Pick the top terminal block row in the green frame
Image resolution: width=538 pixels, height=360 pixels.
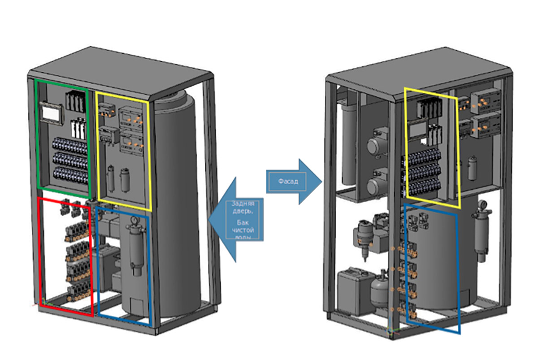pyautogui.click(x=70, y=146)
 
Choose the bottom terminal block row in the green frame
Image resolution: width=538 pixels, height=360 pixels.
pyautogui.click(x=70, y=175)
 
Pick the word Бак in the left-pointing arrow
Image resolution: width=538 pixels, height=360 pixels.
pyautogui.click(x=243, y=222)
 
